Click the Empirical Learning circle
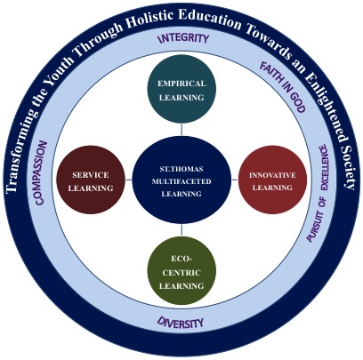pyautogui.click(x=181, y=89)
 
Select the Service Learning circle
pyautogui.click(x=91, y=180)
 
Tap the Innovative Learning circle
pyautogui.click(x=272, y=180)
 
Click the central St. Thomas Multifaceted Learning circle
pyautogui.click(x=181, y=180)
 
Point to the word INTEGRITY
pyautogui.click(x=183, y=38)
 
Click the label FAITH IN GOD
pyautogui.click(x=283, y=87)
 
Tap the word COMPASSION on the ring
pyautogui.click(x=41, y=173)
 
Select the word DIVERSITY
pyautogui.click(x=181, y=322)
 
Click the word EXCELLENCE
pyautogui.click(x=324, y=167)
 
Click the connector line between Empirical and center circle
pyautogui.click(x=181, y=130)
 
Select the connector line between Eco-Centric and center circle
pyautogui.click(x=181, y=231)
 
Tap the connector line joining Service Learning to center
pyautogui.click(x=129, y=180)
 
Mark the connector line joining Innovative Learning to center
pyautogui.click(x=235, y=180)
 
